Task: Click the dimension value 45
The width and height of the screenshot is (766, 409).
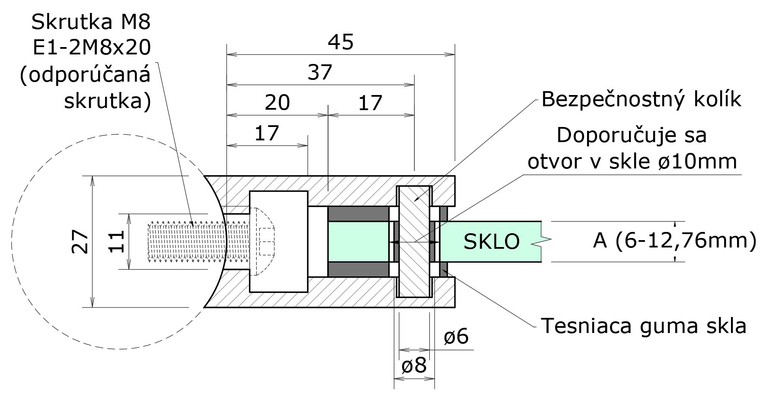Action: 341,42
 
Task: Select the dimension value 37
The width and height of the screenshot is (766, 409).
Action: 320,73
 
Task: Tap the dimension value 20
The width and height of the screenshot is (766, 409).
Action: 277,103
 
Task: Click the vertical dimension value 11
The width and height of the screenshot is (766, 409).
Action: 117,241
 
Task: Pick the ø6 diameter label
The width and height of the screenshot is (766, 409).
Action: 456,336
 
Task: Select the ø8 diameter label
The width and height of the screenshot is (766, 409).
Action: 414,366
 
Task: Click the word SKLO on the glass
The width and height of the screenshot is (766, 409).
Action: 492,242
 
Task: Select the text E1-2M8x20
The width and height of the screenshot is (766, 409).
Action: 92,48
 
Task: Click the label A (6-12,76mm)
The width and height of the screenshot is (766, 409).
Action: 674,241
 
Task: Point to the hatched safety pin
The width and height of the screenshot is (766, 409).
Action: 414,242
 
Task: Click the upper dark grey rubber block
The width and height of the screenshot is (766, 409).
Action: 358,214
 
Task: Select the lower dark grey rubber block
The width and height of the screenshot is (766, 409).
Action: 358,269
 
